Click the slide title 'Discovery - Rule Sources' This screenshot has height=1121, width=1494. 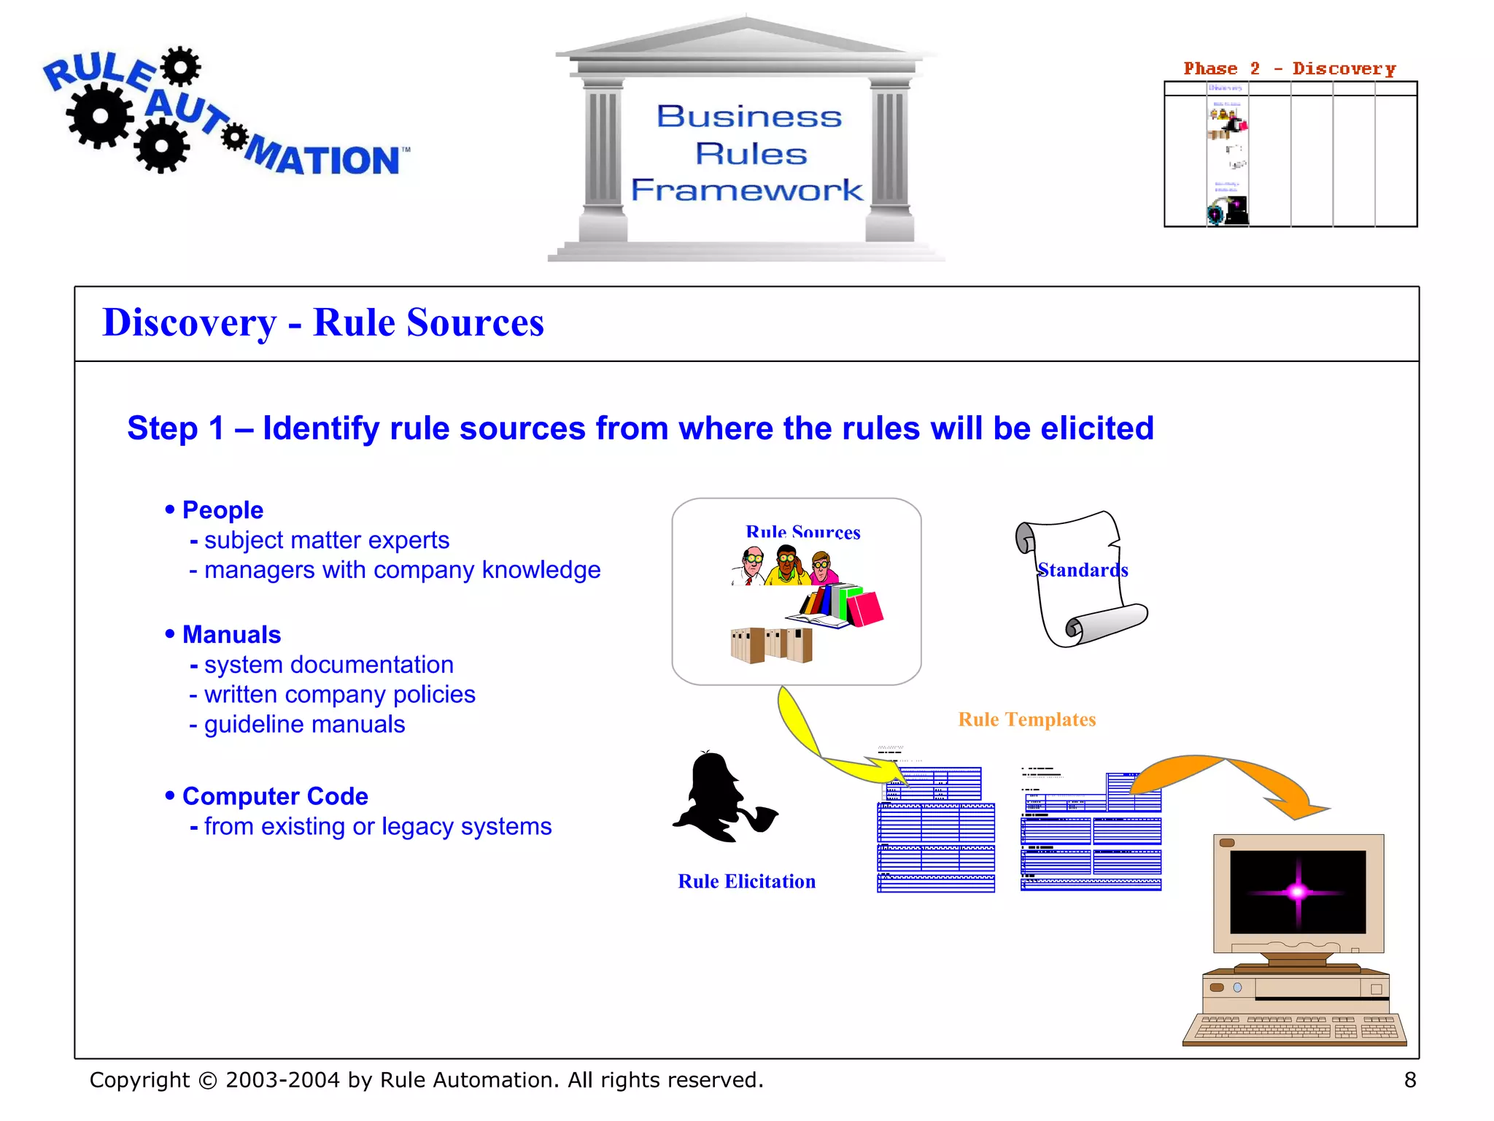(x=323, y=323)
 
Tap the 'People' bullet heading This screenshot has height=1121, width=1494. (x=222, y=510)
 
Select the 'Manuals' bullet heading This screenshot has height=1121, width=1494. (x=231, y=635)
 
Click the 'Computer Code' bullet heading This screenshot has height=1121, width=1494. (x=274, y=796)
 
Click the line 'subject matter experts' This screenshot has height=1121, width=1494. (x=326, y=540)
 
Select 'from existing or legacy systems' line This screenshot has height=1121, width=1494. (x=377, y=827)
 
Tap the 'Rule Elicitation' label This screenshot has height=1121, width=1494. (x=746, y=882)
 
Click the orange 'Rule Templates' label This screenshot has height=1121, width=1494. (x=1026, y=720)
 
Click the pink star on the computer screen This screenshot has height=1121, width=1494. (x=1297, y=891)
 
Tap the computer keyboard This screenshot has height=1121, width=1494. (x=1294, y=1029)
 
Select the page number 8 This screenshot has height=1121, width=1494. (x=1409, y=1080)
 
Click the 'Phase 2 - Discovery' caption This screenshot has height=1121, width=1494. (x=1289, y=69)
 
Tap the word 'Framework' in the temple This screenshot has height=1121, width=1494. (x=746, y=190)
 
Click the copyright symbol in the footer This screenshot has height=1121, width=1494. (x=208, y=1081)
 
